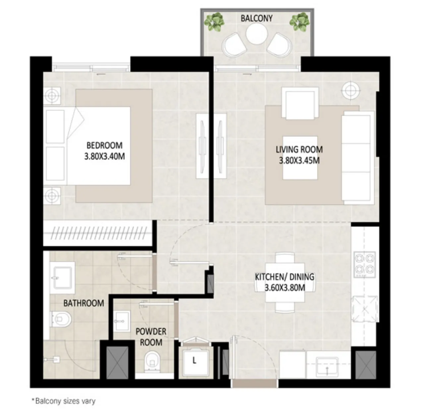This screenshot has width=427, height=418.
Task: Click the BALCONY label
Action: tap(256, 18)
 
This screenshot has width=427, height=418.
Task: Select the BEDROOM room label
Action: tap(104, 145)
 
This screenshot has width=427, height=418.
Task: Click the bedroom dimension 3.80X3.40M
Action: tap(104, 156)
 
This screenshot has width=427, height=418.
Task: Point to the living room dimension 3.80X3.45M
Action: tap(299, 160)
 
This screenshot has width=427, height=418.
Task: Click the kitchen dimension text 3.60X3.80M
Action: tap(285, 288)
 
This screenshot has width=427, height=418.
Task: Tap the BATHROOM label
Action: tap(83, 303)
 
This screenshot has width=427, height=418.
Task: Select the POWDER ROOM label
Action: tap(151, 337)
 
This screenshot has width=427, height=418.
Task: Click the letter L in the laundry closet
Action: tap(194, 360)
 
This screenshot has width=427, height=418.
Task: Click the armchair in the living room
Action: tap(300, 103)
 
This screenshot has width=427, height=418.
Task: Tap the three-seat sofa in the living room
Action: tap(357, 157)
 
